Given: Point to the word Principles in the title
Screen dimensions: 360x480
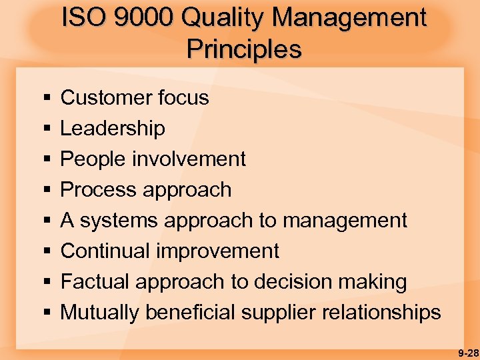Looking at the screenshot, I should tap(244, 49).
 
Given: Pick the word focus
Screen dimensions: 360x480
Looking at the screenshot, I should tap(183, 98).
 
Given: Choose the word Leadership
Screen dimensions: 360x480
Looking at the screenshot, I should tap(113, 128).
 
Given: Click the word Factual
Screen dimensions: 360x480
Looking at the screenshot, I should tap(95, 282).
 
